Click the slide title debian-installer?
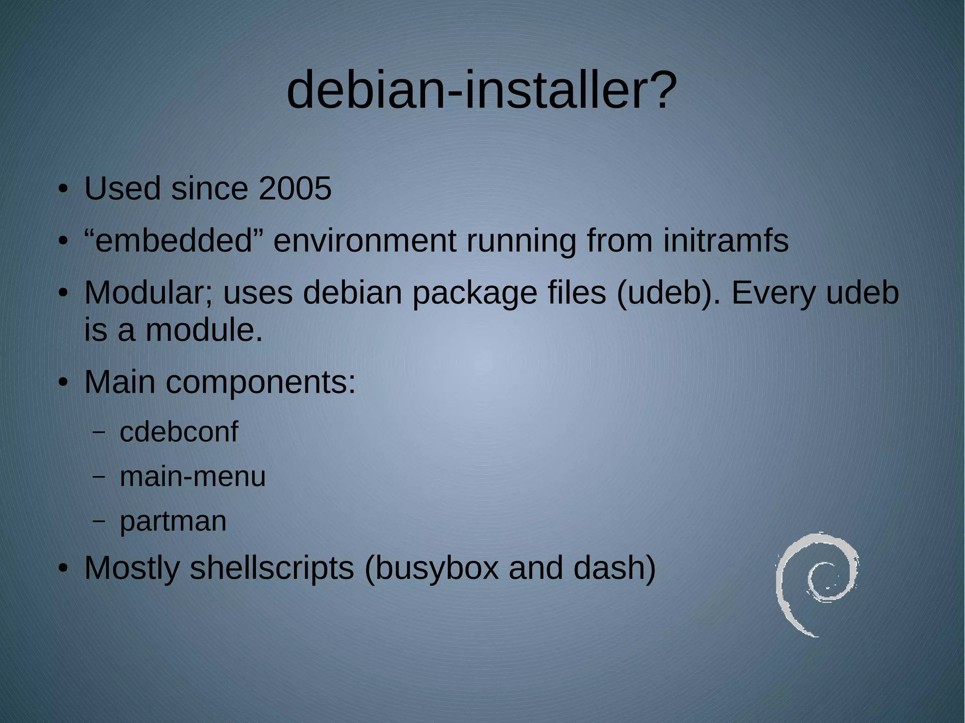coord(482,89)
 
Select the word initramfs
coord(726,241)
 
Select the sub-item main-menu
coord(193,476)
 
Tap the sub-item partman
coord(173,521)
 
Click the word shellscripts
coord(271,568)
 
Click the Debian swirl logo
coord(816,585)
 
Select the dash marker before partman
coord(98,521)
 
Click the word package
coord(474,293)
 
